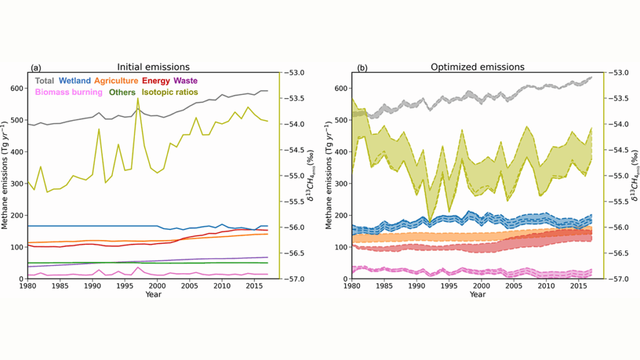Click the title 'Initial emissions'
(x=154, y=67)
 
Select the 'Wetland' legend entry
(x=74, y=81)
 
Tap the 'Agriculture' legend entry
(x=116, y=81)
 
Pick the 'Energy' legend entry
(x=156, y=81)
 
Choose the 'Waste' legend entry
(x=188, y=81)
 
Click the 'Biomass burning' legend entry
(x=69, y=92)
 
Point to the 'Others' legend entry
(x=121, y=92)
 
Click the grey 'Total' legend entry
(x=44, y=81)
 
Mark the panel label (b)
(x=362, y=67)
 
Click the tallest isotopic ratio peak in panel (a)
(x=137, y=98)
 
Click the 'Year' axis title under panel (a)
(x=154, y=294)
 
